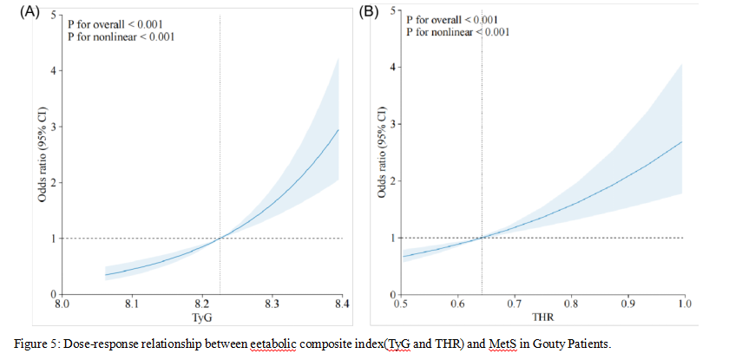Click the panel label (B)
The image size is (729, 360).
tap(370, 12)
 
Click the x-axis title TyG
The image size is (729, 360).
tap(201, 319)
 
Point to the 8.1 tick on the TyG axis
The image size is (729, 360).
tap(132, 305)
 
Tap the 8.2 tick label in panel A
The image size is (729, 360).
tap(201, 305)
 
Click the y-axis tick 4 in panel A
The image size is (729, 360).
tap(52, 70)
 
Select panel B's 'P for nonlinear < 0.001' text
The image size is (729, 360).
tap(457, 32)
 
